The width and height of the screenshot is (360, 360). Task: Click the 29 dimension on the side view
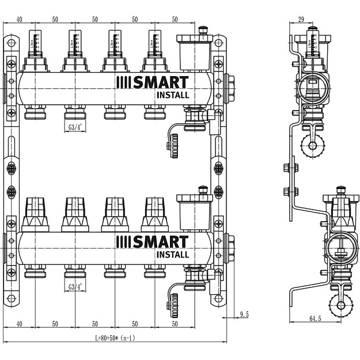301,19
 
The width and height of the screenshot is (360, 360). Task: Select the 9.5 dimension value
244,314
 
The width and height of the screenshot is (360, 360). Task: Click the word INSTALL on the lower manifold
172,254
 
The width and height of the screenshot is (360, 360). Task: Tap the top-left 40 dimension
19,19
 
